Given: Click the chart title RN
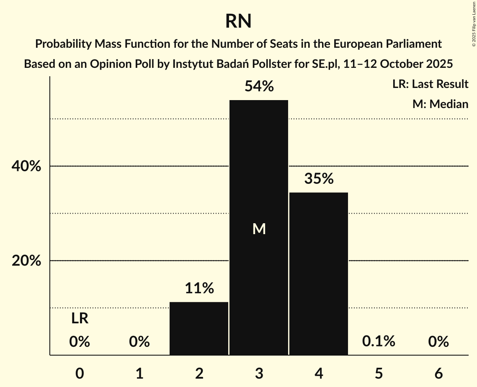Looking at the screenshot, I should click(x=238, y=21).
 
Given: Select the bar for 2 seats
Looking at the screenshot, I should click(x=199, y=328).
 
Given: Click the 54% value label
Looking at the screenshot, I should click(x=259, y=87).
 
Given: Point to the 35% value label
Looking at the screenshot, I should click(x=319, y=179).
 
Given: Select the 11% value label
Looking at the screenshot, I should click(x=199, y=288).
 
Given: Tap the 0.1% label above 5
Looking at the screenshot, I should click(x=379, y=341).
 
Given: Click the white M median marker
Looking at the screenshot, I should click(x=259, y=229).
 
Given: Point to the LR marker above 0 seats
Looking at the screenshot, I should click(x=80, y=319).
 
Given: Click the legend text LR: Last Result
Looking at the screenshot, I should click(x=430, y=84).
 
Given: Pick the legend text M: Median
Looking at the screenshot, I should click(x=440, y=104).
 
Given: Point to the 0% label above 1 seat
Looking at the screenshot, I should click(x=139, y=342).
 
